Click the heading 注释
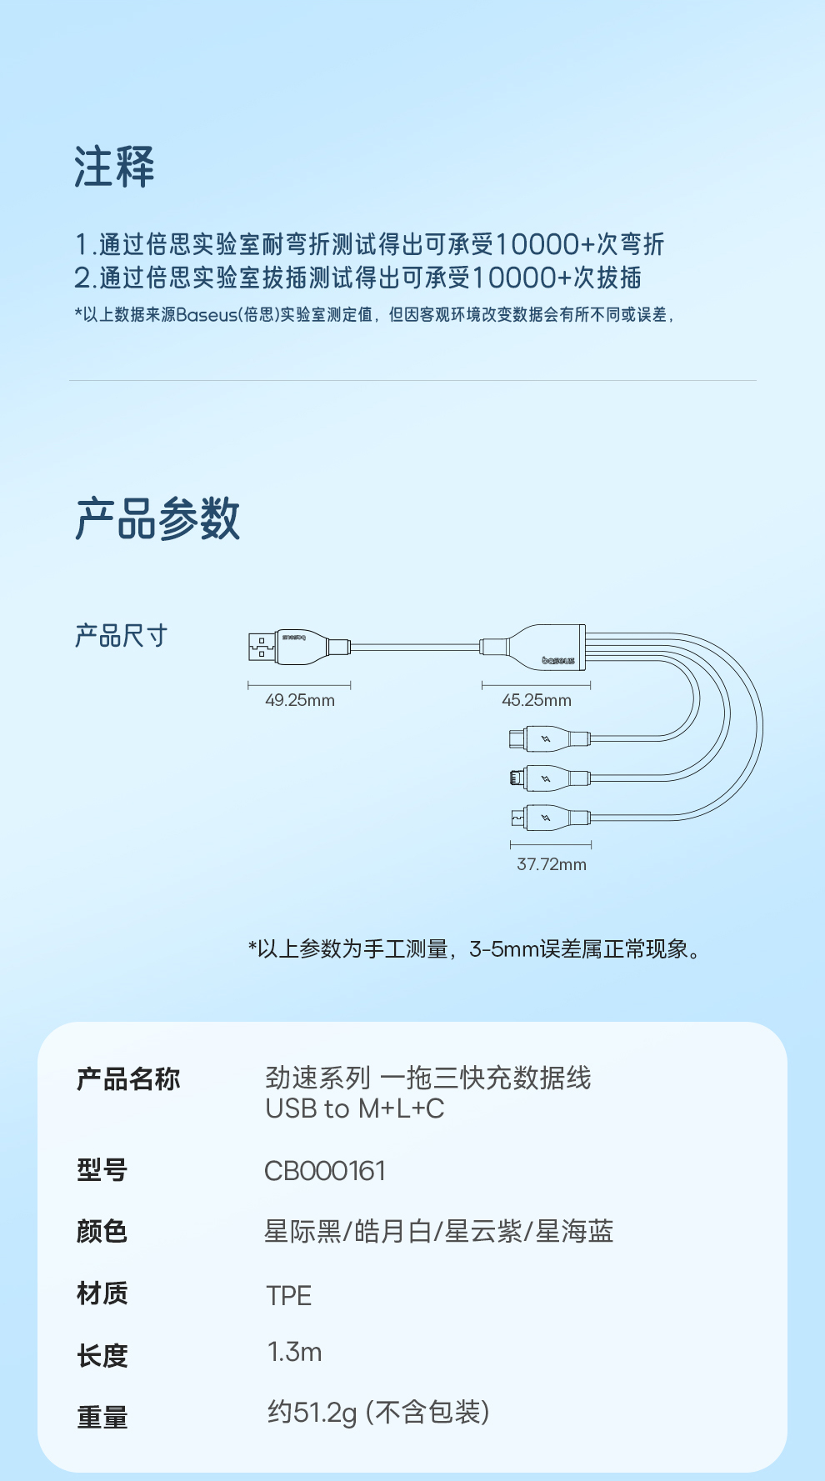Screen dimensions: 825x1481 pos(114,167)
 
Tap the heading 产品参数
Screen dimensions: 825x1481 pos(157,518)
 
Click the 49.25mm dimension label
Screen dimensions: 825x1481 pos(300,701)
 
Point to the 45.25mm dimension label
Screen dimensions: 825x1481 pos(537,701)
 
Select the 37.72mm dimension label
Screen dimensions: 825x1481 pos(552,864)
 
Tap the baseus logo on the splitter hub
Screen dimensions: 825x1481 pos(557,661)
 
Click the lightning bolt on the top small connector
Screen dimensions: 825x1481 pos(546,738)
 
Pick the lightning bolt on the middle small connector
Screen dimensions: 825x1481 pos(546,778)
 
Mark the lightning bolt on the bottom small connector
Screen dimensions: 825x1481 pos(546,818)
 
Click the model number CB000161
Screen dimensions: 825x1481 pos(325,1171)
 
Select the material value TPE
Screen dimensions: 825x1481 pos(288,1296)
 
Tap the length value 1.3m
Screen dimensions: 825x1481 pos(294,1352)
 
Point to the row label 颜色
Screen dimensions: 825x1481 pos(102,1231)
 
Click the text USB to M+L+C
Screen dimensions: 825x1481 pos(355,1109)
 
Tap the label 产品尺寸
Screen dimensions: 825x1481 pos(122,636)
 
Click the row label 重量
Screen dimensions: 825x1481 pos(102,1417)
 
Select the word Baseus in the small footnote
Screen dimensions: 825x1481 pos(207,315)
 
